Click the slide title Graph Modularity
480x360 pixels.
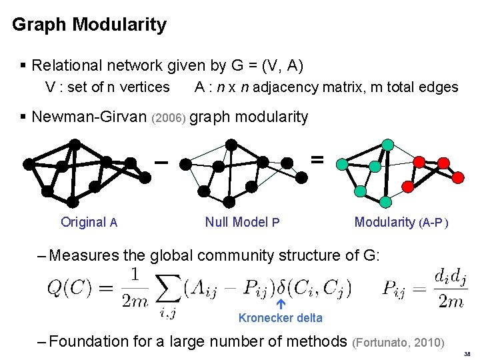[x=89, y=25]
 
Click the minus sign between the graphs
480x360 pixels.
[x=160, y=161]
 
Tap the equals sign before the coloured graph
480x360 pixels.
[x=317, y=159]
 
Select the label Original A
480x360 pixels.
[x=89, y=223]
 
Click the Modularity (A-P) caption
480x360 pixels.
[x=401, y=223]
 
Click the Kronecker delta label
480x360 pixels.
[x=280, y=318]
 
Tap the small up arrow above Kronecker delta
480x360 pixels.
[x=281, y=305]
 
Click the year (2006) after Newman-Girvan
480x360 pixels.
[x=169, y=119]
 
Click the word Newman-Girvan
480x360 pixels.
[x=89, y=117]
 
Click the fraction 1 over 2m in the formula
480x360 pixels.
[x=135, y=287]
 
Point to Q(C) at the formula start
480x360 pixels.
[x=70, y=288]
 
